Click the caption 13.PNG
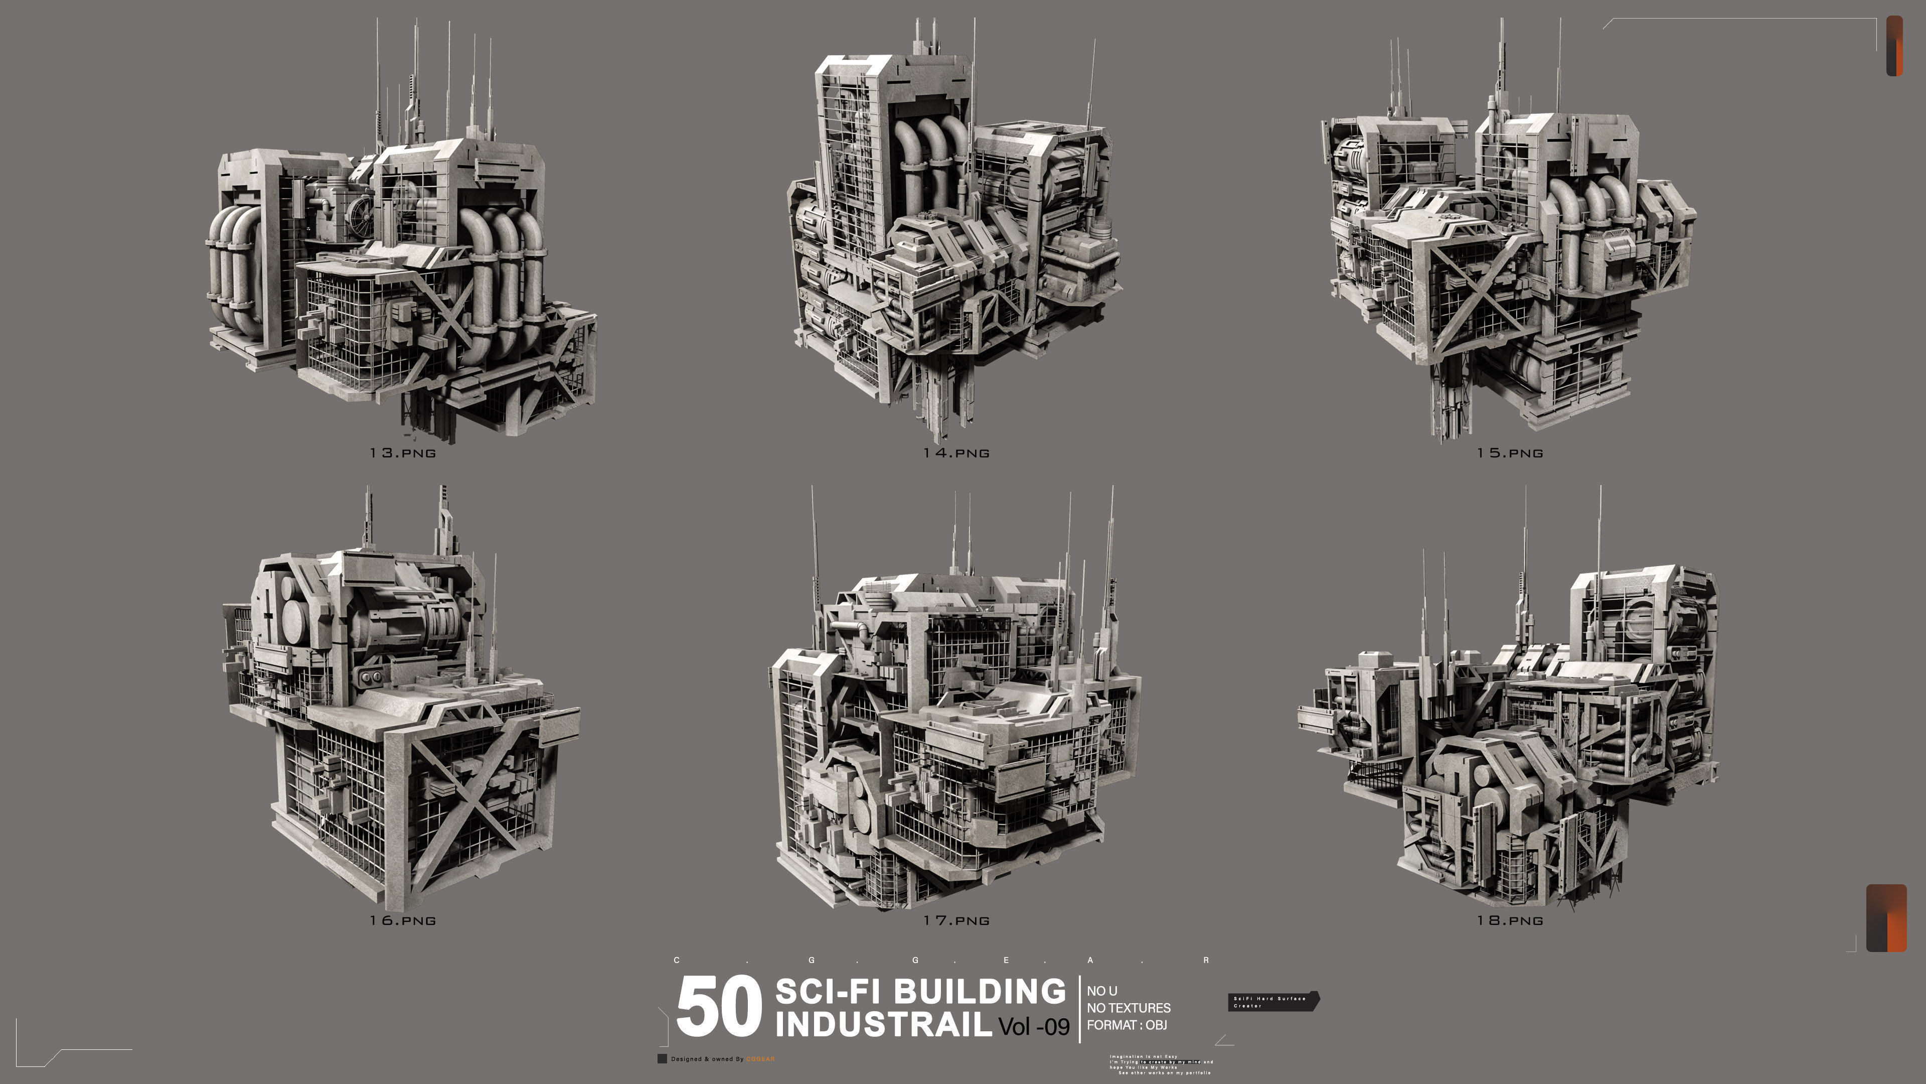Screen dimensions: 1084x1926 click(402, 453)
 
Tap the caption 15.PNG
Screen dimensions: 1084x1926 click(1510, 453)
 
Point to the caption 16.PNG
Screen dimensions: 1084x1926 click(402, 921)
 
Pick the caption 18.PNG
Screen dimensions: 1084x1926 click(1510, 921)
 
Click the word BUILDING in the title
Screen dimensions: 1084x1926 click(980, 991)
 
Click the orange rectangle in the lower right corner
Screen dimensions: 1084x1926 click(1886, 918)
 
